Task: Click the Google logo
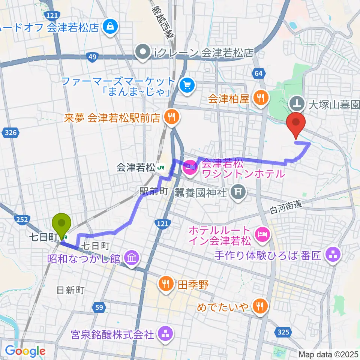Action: pos(25,351)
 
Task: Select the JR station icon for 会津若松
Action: pos(161,167)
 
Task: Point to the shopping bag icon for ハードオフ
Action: pos(111,27)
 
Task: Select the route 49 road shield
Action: pos(93,57)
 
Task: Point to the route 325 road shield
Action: pos(284,331)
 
